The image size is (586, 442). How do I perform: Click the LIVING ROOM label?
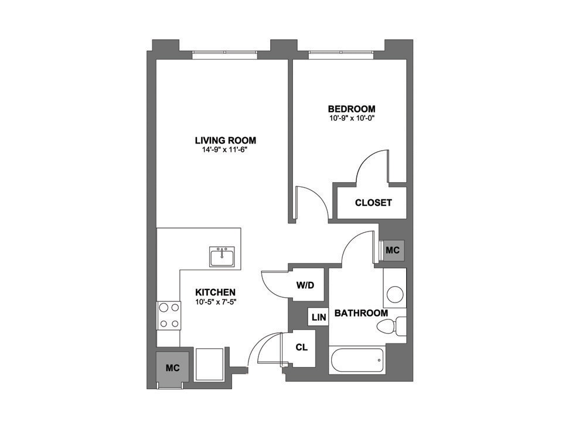tap(226, 141)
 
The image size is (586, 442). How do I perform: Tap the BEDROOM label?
tap(352, 109)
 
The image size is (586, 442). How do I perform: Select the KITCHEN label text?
tap(216, 293)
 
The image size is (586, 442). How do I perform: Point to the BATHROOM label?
tap(361, 313)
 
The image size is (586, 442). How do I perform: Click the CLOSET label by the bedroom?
tap(373, 203)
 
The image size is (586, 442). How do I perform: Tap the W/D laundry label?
tap(305, 285)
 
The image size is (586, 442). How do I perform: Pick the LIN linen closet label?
tap(319, 317)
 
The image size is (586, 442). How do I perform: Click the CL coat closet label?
tap(302, 348)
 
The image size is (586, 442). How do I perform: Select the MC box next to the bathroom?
tap(393, 250)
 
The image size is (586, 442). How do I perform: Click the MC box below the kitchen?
tap(172, 368)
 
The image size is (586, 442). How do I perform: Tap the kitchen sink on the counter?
tap(223, 256)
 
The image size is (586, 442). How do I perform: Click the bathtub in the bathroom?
tap(356, 360)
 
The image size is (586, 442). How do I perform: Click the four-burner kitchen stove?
tap(168, 315)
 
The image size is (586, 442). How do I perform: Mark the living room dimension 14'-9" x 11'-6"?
tap(226, 149)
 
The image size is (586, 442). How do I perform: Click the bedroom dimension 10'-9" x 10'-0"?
tap(352, 118)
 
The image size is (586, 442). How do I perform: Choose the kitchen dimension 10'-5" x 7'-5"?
tap(216, 302)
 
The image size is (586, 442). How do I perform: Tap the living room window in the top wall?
tap(225, 55)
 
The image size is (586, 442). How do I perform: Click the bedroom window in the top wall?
tap(341, 55)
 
